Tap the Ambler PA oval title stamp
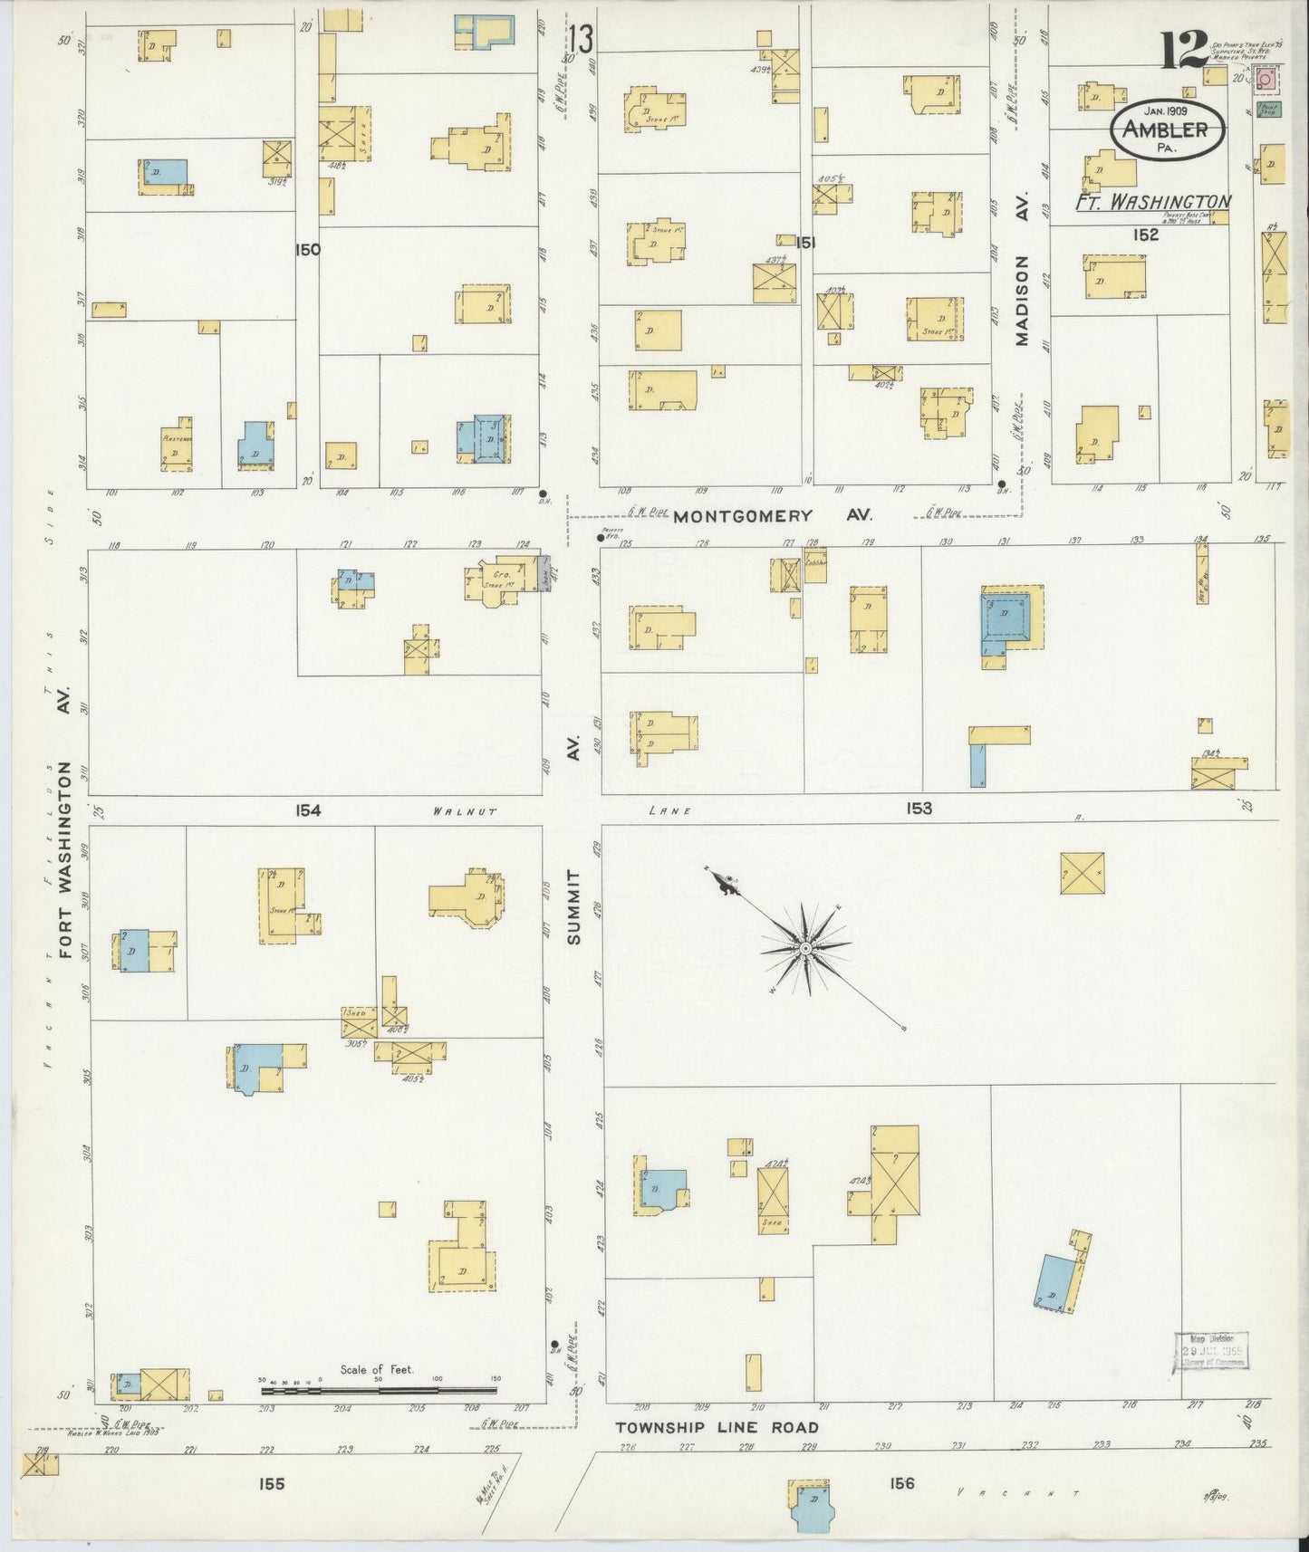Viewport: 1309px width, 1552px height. [1166, 130]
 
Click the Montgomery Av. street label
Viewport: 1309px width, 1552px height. [773, 514]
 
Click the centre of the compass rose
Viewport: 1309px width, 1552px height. [805, 948]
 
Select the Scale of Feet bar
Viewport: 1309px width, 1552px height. [378, 1389]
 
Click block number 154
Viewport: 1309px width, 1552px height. [307, 810]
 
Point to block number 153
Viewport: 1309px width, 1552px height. [919, 808]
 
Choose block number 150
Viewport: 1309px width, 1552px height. [307, 249]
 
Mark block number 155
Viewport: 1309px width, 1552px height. [271, 1483]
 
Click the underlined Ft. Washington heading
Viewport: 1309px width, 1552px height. [1152, 202]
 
